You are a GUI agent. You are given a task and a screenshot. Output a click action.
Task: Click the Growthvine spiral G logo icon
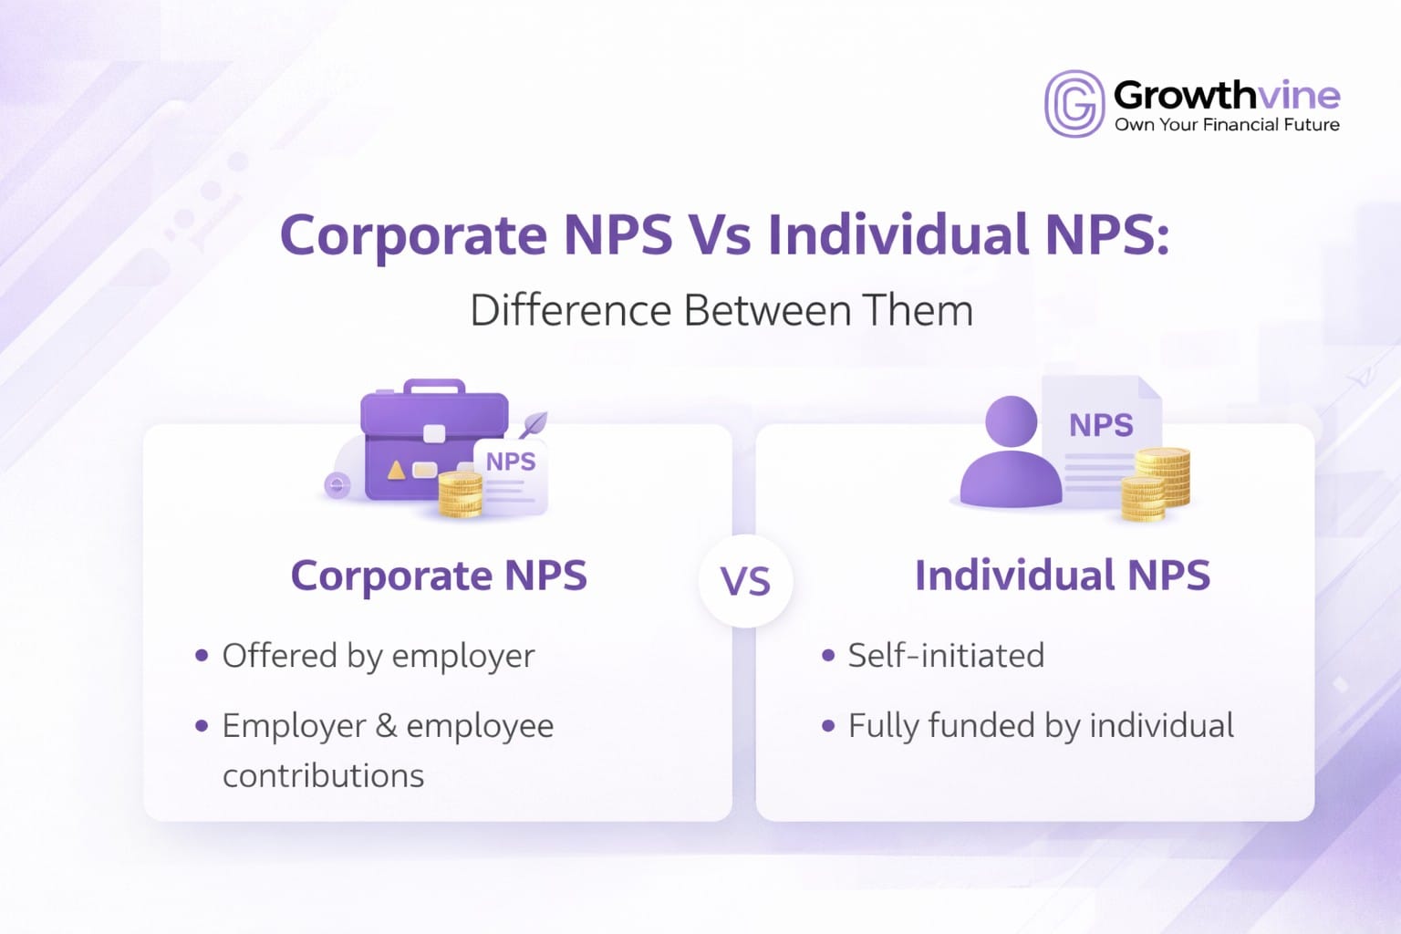tap(1074, 104)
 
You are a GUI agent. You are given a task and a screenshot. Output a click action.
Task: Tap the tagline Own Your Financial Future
tap(1227, 125)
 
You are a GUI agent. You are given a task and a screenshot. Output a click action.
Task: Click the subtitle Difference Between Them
tap(721, 311)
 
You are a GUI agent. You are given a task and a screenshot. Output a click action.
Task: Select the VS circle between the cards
tap(745, 582)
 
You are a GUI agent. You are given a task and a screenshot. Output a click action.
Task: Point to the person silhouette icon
tap(1011, 456)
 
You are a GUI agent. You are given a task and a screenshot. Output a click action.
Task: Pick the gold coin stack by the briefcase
tap(461, 493)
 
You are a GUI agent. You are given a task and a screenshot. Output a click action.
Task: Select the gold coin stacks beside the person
tap(1157, 483)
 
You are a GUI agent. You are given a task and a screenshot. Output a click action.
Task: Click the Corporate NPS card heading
tap(439, 576)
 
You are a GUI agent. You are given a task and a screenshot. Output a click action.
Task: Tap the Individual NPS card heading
tap(1063, 576)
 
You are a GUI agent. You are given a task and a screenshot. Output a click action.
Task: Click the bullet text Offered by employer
tap(379, 656)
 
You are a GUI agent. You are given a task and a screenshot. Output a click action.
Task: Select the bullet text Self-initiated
tap(946, 656)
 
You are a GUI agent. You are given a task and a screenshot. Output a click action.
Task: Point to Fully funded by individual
tap(1041, 726)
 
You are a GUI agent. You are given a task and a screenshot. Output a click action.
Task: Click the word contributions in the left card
tap(324, 776)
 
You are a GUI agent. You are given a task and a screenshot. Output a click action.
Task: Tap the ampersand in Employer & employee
tap(386, 726)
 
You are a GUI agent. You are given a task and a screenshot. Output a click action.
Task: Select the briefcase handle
tap(434, 387)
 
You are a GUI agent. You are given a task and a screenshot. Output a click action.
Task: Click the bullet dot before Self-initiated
tap(828, 656)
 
